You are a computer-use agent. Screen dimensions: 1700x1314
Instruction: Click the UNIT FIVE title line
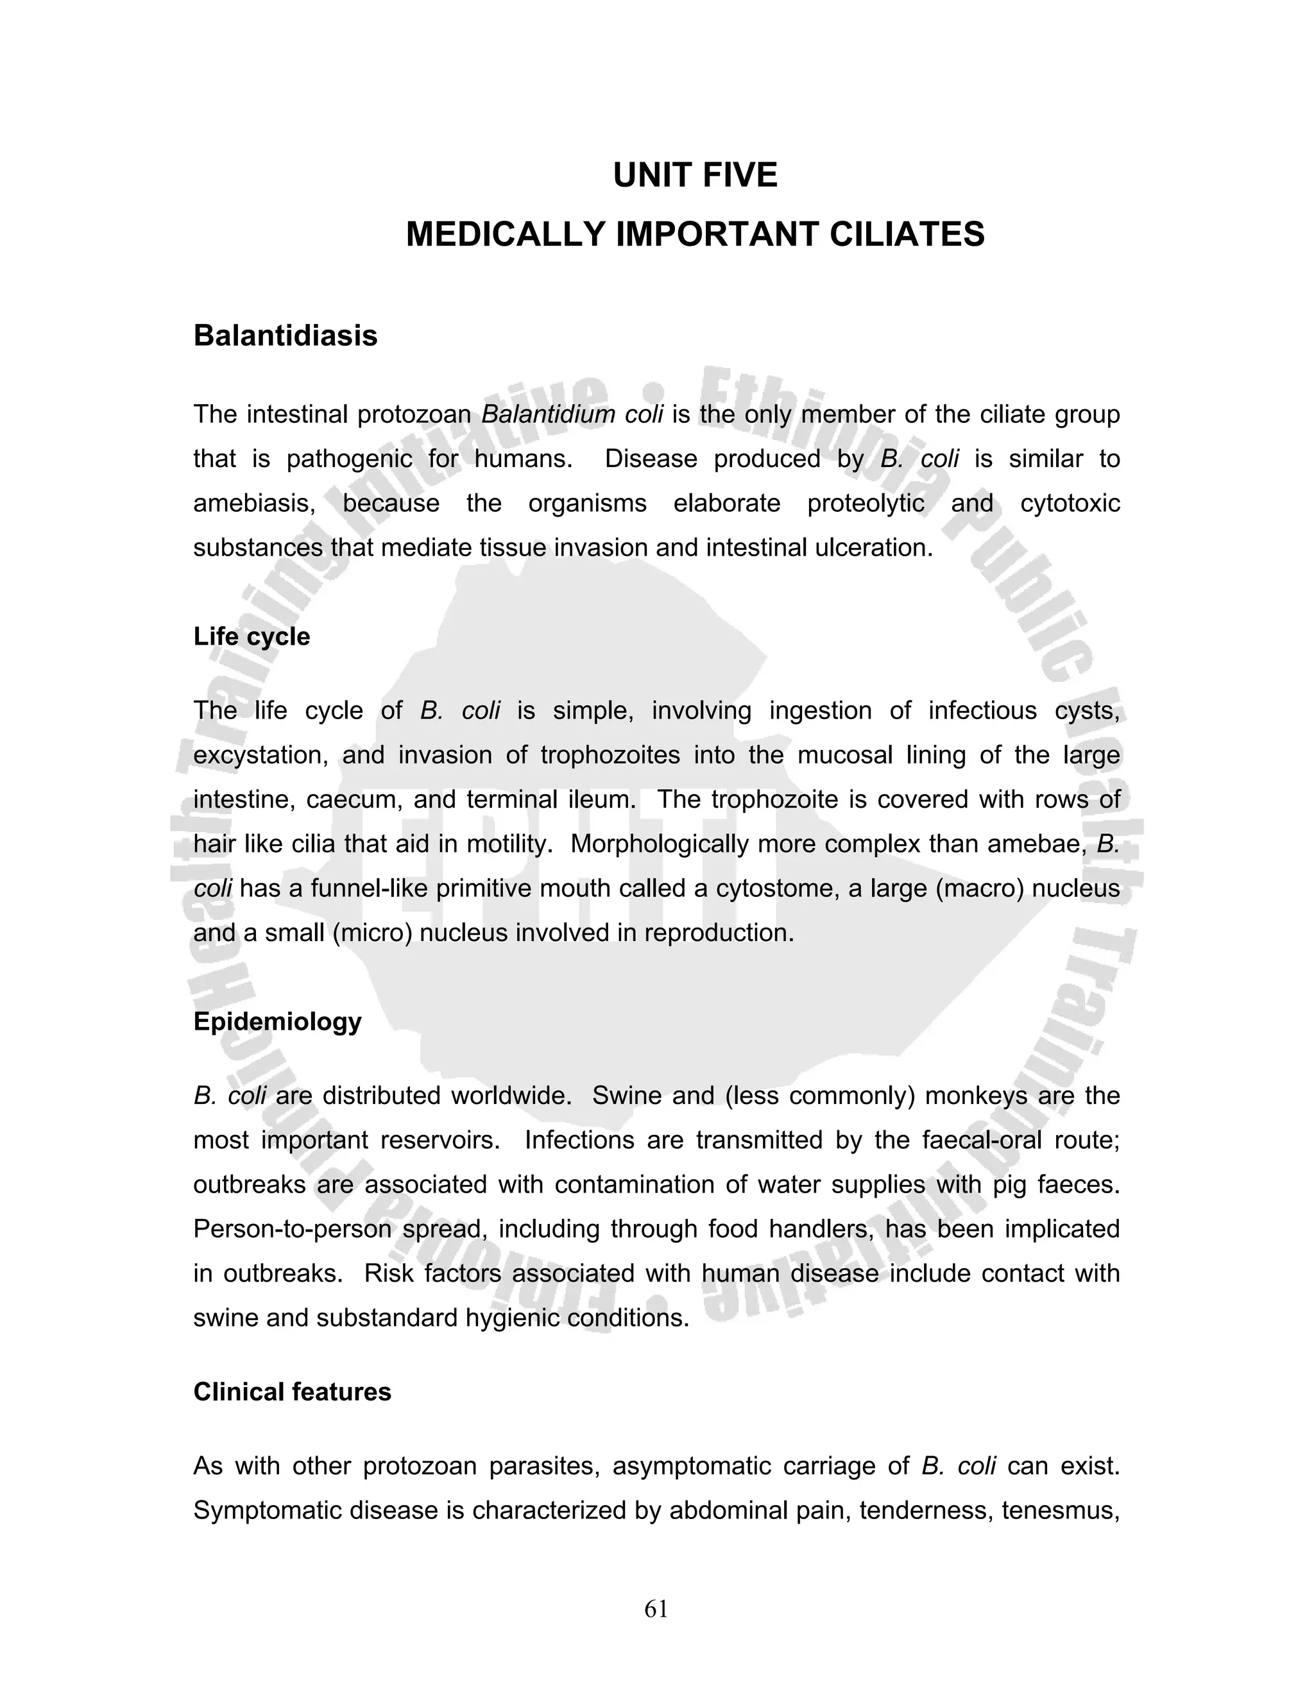[x=694, y=175]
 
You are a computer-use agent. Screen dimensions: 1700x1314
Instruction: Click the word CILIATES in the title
[x=906, y=234]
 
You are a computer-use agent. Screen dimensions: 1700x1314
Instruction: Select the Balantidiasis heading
[x=285, y=336]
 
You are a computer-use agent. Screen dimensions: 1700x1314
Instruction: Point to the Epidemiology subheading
[x=277, y=1021]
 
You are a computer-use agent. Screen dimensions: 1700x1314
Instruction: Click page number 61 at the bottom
[x=656, y=1609]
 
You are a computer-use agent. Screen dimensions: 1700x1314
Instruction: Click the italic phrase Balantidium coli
[x=572, y=414]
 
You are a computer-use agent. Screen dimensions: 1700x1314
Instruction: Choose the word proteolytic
[x=866, y=503]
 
